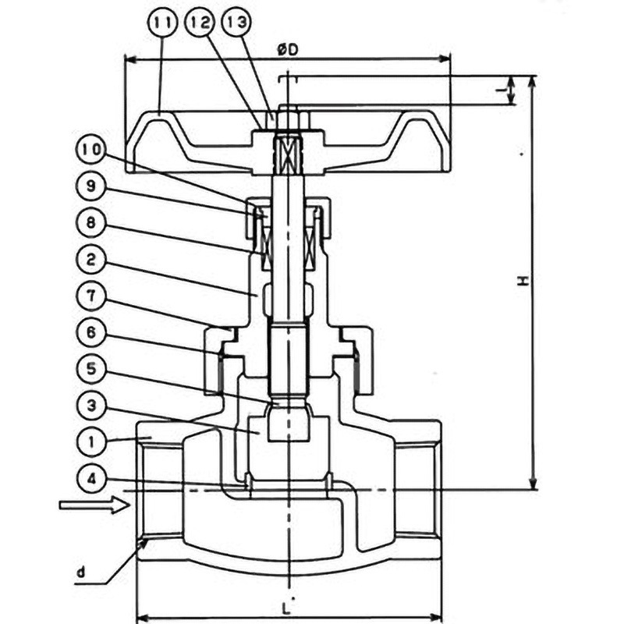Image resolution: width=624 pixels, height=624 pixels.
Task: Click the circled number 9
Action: click(x=93, y=187)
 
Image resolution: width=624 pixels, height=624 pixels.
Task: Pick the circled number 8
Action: click(x=93, y=223)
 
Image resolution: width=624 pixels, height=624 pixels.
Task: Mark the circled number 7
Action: click(x=93, y=296)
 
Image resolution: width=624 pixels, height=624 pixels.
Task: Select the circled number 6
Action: click(x=93, y=332)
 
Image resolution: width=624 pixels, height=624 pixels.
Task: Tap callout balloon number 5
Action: click(x=93, y=368)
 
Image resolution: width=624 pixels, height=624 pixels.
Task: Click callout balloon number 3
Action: click(x=93, y=405)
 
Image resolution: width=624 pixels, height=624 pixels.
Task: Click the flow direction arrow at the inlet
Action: click(x=94, y=506)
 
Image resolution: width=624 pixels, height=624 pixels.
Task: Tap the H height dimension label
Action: click(x=523, y=281)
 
